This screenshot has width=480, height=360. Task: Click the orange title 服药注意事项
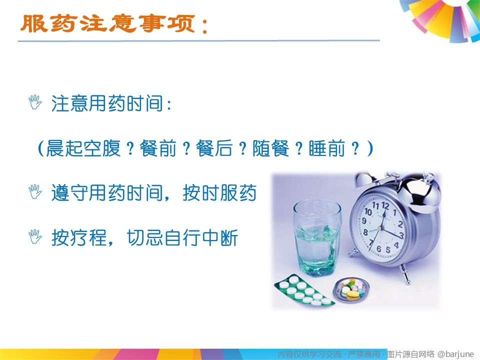(x=108, y=23)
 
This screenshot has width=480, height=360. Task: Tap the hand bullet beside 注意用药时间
(x=35, y=102)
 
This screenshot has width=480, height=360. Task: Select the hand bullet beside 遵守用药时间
(x=35, y=191)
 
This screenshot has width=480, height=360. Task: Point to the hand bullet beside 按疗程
(x=35, y=236)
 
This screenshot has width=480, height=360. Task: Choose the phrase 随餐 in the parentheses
(x=271, y=148)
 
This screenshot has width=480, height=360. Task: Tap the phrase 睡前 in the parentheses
(x=327, y=148)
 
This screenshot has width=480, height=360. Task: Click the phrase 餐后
(x=214, y=148)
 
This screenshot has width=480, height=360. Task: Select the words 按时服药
(x=219, y=193)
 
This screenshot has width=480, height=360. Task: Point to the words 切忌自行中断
(x=182, y=238)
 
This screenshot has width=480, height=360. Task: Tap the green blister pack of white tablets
(x=304, y=290)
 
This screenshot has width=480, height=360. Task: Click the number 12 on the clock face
(x=385, y=205)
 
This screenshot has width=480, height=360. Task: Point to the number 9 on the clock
(x=364, y=220)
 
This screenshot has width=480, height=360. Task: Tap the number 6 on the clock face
(x=378, y=249)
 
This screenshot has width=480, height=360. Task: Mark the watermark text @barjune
(x=456, y=354)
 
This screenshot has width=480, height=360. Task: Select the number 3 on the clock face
(x=401, y=235)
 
